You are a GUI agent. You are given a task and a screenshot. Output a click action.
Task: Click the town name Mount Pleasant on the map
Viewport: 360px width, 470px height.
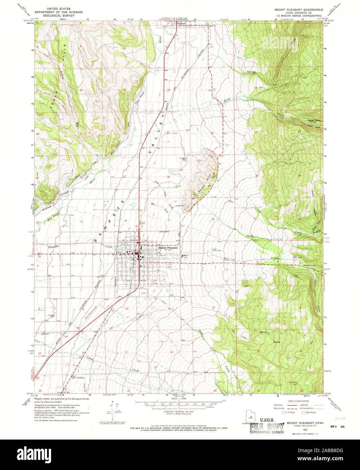point(168,248)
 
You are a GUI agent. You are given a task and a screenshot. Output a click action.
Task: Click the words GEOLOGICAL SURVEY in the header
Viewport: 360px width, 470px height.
point(62,16)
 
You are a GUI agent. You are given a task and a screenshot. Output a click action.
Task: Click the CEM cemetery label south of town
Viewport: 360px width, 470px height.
point(143,293)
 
